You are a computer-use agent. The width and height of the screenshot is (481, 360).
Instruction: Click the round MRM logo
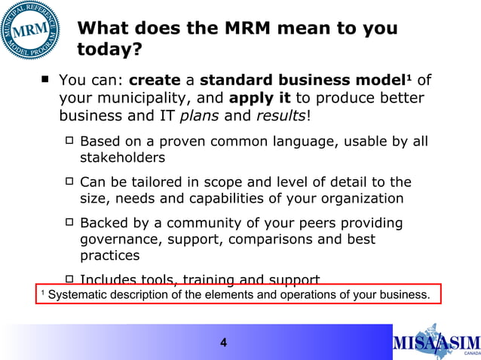point(31,31)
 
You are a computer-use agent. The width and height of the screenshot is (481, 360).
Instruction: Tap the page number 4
point(223,343)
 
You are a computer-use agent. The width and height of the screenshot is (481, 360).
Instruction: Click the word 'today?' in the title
point(109,50)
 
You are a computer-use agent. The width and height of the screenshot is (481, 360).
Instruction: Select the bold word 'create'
point(155,81)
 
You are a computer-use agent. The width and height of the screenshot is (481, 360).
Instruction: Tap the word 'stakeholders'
point(122,158)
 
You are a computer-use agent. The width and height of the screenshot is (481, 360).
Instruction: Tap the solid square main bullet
point(47,78)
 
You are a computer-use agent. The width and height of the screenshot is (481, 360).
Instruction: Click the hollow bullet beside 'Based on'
point(69,141)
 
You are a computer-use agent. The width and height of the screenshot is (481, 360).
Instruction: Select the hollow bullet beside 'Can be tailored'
point(69,182)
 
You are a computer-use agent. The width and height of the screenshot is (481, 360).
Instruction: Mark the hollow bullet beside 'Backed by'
point(69,224)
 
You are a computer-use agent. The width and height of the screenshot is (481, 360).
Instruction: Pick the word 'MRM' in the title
point(253,29)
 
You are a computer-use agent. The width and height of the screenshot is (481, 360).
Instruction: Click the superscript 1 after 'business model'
point(408,77)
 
